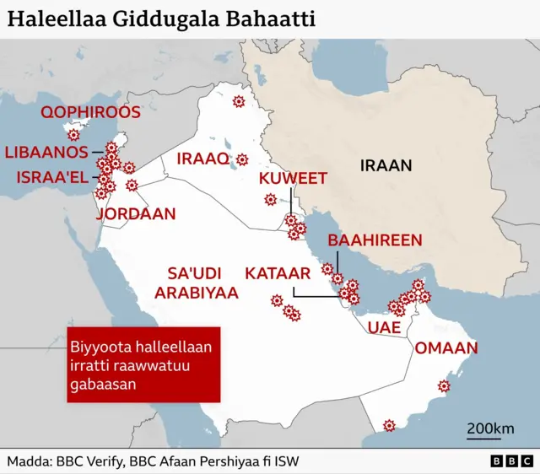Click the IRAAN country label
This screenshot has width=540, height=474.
[x=386, y=165]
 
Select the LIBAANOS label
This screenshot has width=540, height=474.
[x=46, y=153]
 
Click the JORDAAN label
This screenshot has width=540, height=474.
[x=136, y=214]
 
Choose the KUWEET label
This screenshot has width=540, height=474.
[x=292, y=178]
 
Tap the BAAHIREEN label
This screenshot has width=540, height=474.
[x=375, y=240]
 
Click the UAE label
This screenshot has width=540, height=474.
[x=384, y=328]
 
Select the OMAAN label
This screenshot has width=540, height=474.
[x=445, y=347]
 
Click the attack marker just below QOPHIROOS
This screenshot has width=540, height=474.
[x=74, y=134]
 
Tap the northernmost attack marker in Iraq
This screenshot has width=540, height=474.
[x=238, y=102]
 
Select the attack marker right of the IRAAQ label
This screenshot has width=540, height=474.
[x=242, y=159]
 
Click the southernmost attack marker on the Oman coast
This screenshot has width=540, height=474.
[x=388, y=425]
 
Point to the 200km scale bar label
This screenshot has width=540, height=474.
[x=490, y=428]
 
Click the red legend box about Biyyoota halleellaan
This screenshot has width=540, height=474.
[x=143, y=365]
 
